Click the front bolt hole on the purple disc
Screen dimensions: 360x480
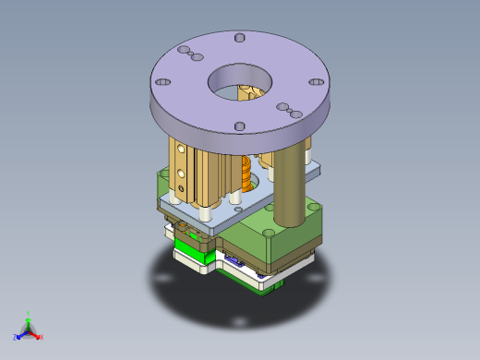[x=237, y=126]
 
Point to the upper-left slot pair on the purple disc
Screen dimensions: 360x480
[x=189, y=53]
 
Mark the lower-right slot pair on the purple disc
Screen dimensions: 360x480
[x=287, y=111]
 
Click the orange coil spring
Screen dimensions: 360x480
[x=246, y=172]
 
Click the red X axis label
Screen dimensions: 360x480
[x=40, y=338]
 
